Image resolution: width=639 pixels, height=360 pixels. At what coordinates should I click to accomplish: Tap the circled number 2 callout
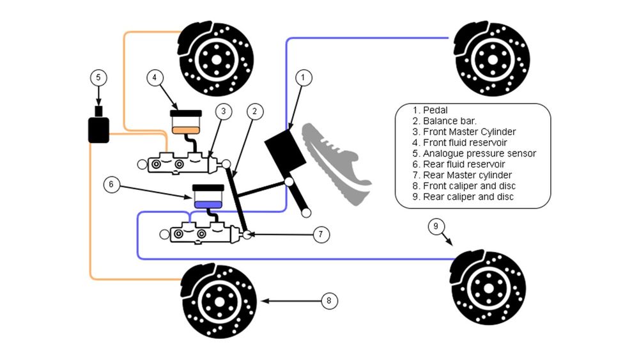click(254, 111)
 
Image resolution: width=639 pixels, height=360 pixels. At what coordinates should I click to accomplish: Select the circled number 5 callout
click(98, 77)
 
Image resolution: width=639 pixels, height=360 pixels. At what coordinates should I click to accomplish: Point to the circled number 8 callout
click(328, 300)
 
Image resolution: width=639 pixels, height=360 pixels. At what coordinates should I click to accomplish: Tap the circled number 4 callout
click(154, 78)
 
